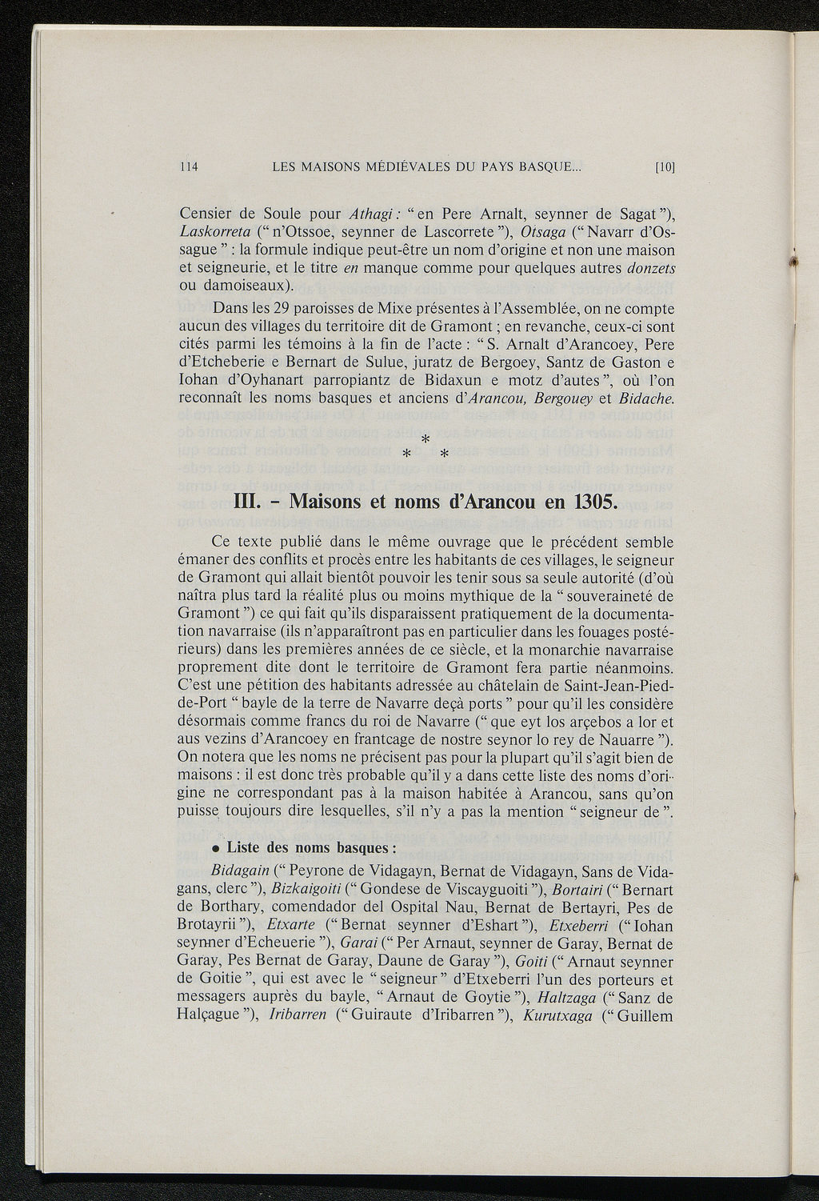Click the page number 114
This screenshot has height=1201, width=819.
(x=189, y=167)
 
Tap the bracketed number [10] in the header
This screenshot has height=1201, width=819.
(x=665, y=167)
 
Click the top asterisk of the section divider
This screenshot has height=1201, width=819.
(x=425, y=439)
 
